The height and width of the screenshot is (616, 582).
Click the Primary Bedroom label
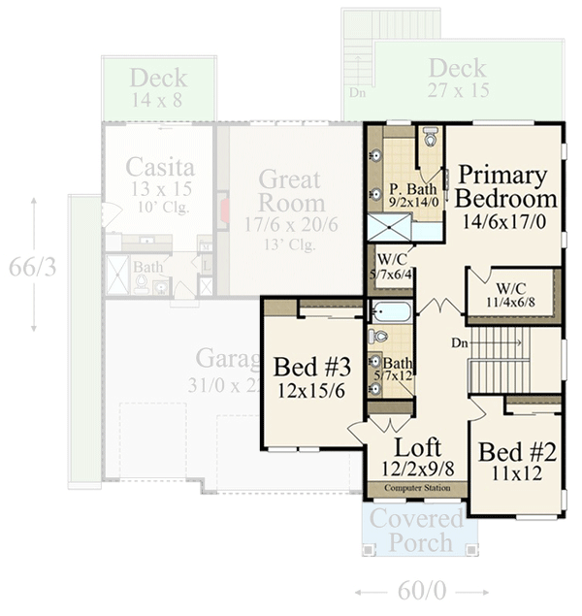click(x=506, y=187)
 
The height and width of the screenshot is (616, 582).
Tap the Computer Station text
click(x=417, y=487)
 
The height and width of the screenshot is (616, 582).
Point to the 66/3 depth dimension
click(x=34, y=266)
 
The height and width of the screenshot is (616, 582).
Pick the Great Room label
click(x=291, y=190)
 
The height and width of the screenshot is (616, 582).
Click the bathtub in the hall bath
click(x=391, y=312)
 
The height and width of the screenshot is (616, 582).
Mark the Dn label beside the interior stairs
click(x=460, y=343)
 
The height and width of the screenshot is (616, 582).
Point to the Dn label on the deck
click(x=357, y=94)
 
